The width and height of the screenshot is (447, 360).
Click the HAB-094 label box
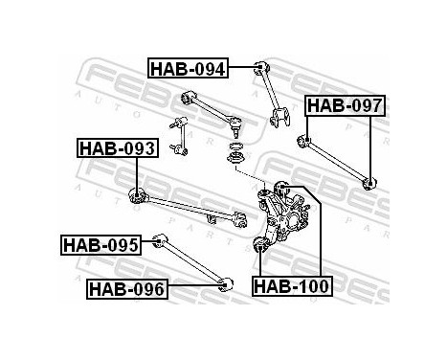(189, 68)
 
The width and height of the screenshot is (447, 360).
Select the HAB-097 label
(344, 105)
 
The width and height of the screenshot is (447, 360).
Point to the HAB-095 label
(101, 245)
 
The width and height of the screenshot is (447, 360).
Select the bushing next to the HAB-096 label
(227, 283)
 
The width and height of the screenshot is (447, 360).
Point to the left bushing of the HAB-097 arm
(305, 143)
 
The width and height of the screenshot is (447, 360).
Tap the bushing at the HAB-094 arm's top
(260, 66)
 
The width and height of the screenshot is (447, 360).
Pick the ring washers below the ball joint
(232, 152)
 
